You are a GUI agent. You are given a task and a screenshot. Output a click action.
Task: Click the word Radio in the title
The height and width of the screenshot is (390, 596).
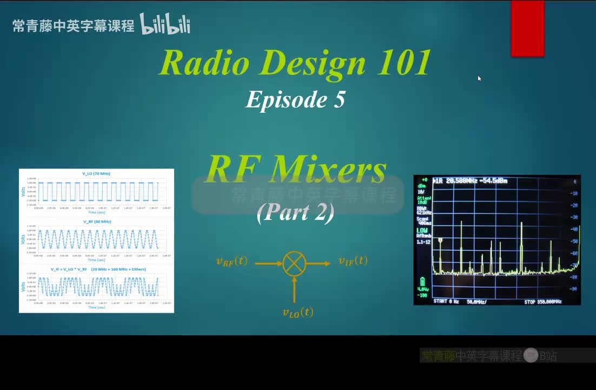(204, 63)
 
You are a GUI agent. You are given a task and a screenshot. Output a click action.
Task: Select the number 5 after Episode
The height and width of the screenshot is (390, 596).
(339, 100)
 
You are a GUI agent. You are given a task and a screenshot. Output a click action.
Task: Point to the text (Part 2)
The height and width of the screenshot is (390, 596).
(295, 212)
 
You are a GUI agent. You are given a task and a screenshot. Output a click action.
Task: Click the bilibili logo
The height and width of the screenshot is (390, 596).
(165, 24)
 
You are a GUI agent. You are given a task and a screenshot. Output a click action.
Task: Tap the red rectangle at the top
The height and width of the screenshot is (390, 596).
(527, 28)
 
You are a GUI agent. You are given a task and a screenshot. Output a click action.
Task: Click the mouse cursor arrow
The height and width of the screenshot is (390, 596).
(479, 78)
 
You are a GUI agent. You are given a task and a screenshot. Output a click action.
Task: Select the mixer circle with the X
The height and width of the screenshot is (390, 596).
(294, 263)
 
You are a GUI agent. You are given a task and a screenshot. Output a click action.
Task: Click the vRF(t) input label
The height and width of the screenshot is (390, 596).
(231, 261)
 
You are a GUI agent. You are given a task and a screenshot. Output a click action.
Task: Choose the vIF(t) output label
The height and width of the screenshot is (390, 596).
(353, 261)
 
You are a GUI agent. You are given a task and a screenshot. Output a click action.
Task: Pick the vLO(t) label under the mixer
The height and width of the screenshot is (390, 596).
(297, 312)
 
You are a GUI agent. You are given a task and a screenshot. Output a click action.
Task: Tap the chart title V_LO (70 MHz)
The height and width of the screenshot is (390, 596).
(96, 173)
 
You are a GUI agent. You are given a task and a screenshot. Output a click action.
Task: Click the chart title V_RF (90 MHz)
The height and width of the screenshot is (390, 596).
(97, 222)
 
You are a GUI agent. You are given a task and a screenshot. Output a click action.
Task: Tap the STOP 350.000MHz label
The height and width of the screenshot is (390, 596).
(542, 302)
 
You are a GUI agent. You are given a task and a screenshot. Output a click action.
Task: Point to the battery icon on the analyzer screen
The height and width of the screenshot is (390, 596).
(422, 282)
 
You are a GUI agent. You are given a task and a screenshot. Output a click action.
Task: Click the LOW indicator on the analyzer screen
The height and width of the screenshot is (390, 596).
(422, 230)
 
